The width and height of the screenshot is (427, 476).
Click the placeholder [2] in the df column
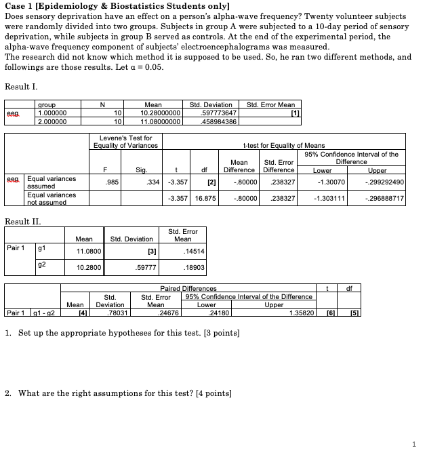[211, 181]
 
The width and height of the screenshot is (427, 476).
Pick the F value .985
[112, 181]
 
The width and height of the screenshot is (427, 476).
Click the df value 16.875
[205, 197]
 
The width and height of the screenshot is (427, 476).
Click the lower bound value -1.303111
[331, 197]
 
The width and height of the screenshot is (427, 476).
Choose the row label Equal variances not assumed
[51, 198]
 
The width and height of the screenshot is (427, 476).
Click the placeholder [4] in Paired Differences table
[81, 313]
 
